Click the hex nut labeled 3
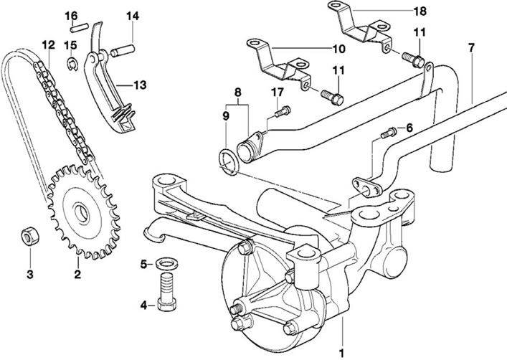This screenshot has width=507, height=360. point(30,237)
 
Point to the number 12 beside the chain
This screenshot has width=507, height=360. point(48,45)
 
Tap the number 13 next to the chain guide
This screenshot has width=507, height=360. point(139,85)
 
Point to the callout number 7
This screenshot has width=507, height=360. point(470,48)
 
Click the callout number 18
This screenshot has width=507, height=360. point(420,11)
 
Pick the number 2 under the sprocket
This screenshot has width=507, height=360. point(77,273)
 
